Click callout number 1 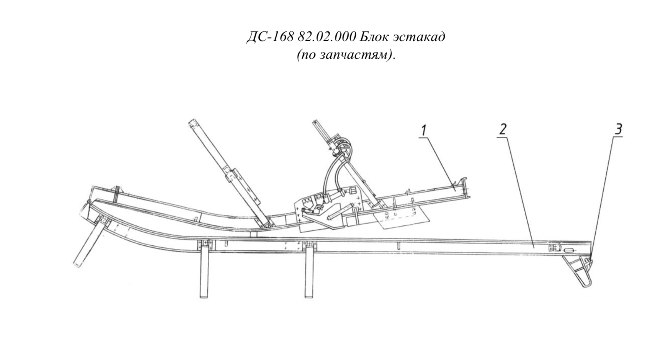tap(424, 131)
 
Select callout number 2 tap(503, 129)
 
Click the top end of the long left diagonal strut tap(192, 122)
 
